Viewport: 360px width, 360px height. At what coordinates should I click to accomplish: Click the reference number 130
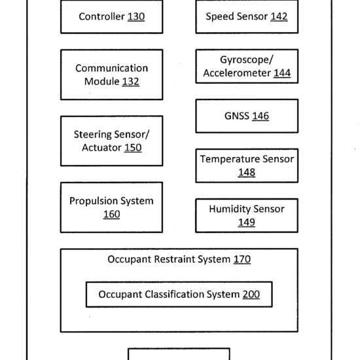coord(136,16)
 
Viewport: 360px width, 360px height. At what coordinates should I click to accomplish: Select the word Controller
coord(101,16)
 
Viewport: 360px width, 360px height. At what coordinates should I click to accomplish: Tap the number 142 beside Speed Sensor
coord(279,16)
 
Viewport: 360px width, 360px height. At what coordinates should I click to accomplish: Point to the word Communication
coord(111,68)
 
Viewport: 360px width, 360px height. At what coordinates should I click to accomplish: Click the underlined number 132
coord(131,82)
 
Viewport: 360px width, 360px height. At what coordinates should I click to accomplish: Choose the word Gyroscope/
coord(247,60)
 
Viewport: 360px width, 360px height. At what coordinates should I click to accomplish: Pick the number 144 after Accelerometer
coord(282,73)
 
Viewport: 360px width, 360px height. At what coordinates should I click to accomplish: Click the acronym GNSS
coord(237,116)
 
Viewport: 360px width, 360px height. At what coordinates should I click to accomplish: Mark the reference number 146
coord(261,116)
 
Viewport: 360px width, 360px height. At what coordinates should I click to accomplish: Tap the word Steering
coord(92,135)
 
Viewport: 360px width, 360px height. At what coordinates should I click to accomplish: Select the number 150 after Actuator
coord(133,148)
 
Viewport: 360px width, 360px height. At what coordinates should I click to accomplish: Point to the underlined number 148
coord(247,172)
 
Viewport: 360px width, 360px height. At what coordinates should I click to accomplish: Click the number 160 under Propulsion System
coord(111,214)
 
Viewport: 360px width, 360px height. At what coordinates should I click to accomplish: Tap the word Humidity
coord(230,209)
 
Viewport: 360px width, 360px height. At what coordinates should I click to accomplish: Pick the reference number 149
coord(247,223)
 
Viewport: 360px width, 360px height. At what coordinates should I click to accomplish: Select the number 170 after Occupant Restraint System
coord(242,259)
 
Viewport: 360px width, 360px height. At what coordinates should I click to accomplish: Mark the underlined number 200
coord(251,295)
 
